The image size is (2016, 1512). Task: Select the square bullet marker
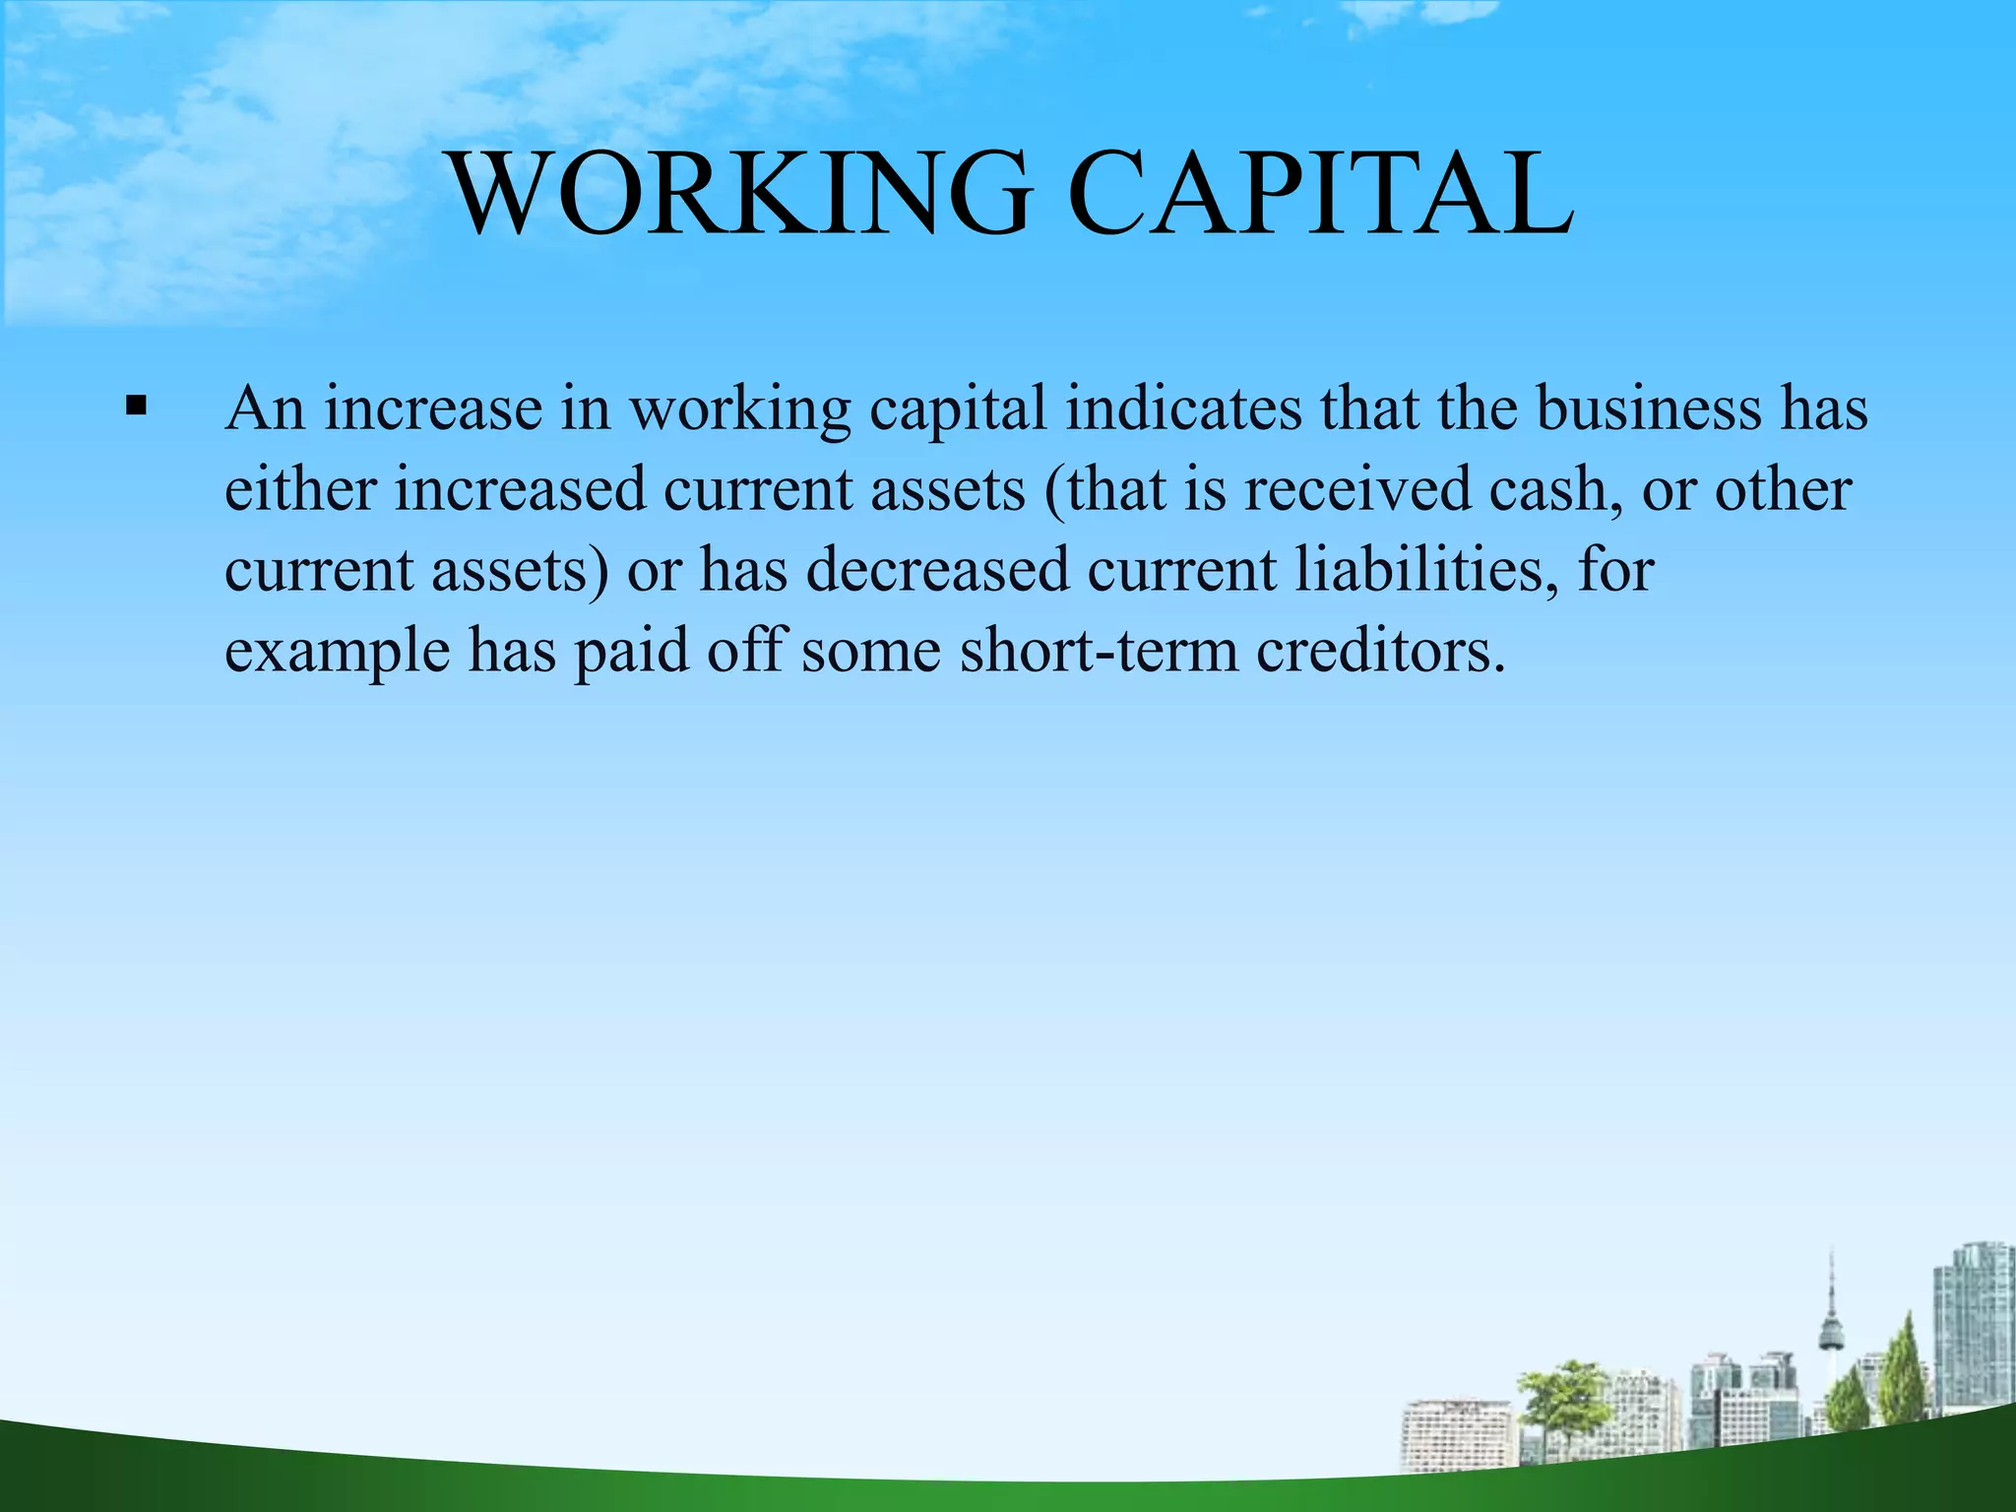[136, 405]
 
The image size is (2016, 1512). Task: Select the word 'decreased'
[937, 570]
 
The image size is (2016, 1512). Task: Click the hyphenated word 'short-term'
[1099, 651]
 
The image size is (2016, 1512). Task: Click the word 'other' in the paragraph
[1783, 489]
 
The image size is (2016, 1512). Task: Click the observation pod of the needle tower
[1832, 1335]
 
